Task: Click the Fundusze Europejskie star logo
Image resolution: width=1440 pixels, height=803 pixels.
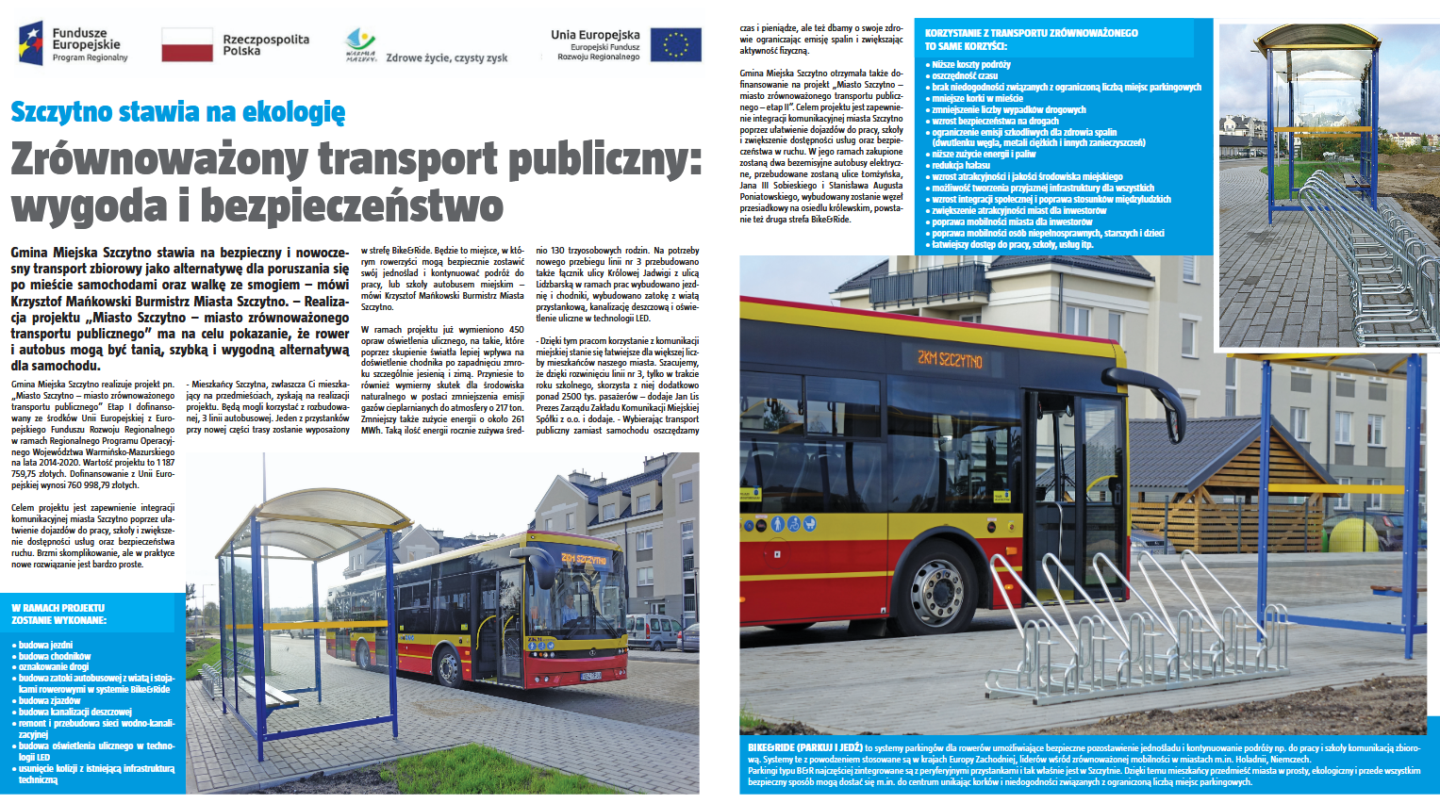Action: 31,42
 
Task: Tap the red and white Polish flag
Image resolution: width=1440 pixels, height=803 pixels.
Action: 187,44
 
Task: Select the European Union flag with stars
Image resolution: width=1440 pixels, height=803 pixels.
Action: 676,44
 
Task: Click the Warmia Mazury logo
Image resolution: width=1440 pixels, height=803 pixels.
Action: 360,43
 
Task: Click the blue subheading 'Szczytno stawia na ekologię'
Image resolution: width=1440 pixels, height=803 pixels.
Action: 177,112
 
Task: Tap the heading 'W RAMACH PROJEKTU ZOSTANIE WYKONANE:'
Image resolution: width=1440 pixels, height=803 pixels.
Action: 59,615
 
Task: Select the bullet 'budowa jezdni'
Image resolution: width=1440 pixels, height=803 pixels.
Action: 45,646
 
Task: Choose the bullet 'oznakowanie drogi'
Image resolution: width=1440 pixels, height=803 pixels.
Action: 54,667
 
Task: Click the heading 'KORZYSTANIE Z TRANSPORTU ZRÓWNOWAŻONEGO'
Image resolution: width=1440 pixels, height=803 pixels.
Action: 1031,33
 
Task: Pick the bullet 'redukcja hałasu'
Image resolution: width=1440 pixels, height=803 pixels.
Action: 961,165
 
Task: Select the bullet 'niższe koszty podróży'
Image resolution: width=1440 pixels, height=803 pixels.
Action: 971,65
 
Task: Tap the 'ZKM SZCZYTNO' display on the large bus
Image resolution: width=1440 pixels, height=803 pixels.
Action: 951,358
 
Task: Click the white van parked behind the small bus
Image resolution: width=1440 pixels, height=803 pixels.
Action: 653,631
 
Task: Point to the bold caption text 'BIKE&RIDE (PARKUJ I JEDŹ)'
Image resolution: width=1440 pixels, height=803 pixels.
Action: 804,747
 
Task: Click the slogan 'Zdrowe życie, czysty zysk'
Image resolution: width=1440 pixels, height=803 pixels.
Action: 446,58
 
